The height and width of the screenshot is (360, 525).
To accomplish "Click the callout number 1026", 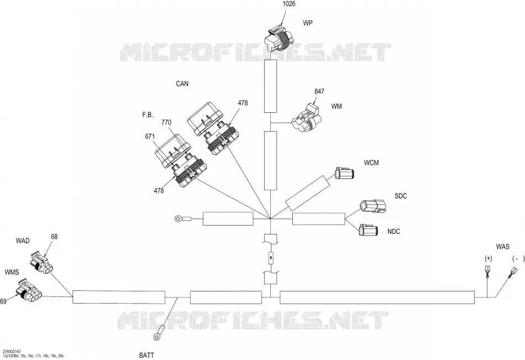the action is coord(289,4).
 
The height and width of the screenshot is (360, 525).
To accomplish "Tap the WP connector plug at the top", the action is coord(279,37).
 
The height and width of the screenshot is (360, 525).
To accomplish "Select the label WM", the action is coord(337,106).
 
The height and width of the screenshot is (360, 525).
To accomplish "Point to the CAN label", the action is coord(182,84).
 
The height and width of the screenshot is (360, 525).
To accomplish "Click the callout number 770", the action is coord(166,122).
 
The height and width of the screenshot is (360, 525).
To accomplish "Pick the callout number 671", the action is coord(150,137).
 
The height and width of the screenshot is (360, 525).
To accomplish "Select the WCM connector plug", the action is coord(344,174).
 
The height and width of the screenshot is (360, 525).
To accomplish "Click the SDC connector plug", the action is coord(372,206).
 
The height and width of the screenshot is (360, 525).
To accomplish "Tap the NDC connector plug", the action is coord(368,230).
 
